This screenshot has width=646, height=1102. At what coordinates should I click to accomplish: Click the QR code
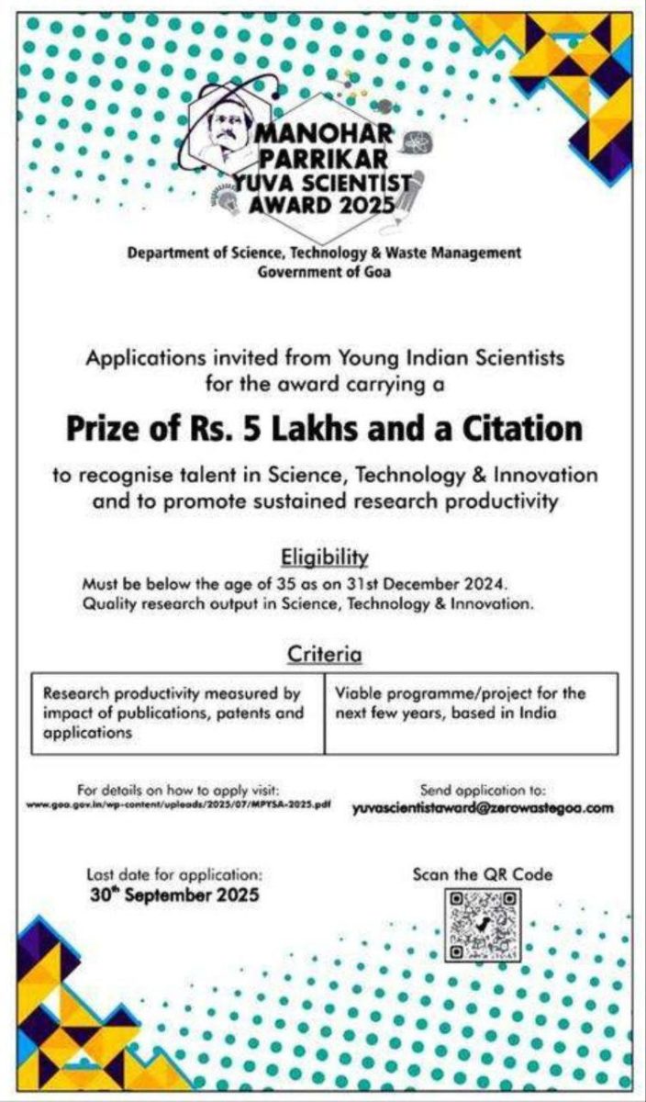point(484,927)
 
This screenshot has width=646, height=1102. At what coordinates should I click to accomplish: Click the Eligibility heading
point(323,557)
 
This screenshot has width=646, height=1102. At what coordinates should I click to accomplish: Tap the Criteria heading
point(323,654)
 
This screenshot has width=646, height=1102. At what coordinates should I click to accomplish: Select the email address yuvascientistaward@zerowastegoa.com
point(483,809)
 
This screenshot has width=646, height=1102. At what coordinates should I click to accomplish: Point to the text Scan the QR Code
point(483,874)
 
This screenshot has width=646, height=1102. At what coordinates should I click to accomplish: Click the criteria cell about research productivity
point(178,713)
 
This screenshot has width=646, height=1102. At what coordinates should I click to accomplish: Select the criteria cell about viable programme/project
point(470,703)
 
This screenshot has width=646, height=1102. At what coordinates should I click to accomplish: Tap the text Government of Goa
point(324,271)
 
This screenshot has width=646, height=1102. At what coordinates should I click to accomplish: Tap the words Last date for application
point(174,874)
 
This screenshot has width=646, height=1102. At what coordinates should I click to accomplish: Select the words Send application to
point(483,790)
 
